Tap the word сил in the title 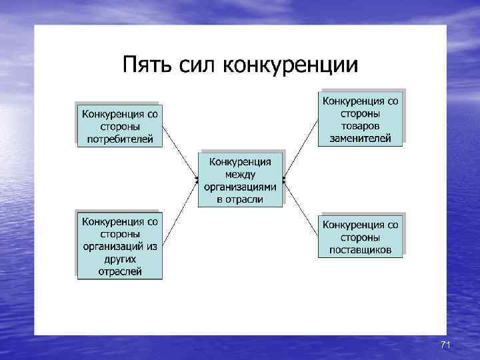click(x=196, y=65)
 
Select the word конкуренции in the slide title click(x=290, y=65)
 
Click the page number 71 click(x=446, y=344)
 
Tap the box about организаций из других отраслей click(x=120, y=245)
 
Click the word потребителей click(x=120, y=139)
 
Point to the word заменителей click(x=361, y=138)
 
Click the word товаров click(x=361, y=125)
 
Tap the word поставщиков click(x=361, y=250)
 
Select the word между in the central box click(x=240, y=173)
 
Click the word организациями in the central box click(x=240, y=186)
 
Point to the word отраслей click(x=120, y=271)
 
